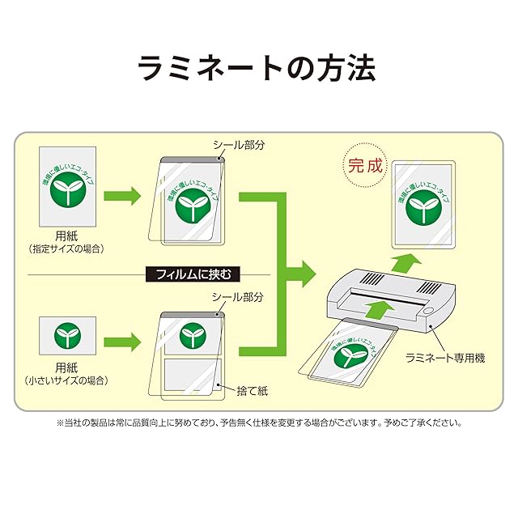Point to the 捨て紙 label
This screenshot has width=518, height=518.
pyautogui.click(x=252, y=391)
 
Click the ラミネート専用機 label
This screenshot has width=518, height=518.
pyautogui.click(x=445, y=357)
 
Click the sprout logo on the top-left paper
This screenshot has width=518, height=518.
pyautogui.click(x=67, y=193)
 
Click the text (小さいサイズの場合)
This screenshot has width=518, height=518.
pyautogui.click(x=67, y=380)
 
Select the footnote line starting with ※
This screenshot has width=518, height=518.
pyautogui.click(x=259, y=422)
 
